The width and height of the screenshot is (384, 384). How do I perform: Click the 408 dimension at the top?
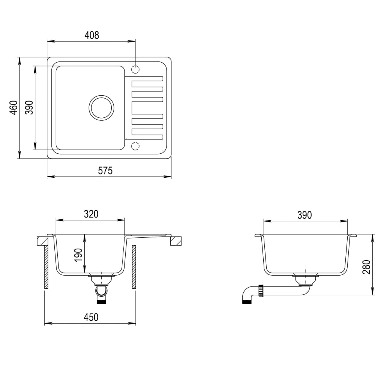pyautogui.click(x=91, y=35)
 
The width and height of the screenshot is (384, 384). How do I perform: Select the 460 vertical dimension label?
pyautogui.click(x=13, y=108)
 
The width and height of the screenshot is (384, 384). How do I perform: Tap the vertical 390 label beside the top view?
pyautogui.click(x=29, y=108)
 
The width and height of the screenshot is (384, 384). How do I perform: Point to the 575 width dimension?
pyautogui.click(x=105, y=171)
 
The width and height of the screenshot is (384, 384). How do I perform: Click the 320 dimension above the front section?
pyautogui.click(x=91, y=214)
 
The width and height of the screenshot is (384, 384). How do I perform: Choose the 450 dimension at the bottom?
pyautogui.click(x=91, y=317)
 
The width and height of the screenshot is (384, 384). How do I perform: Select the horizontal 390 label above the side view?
pyautogui.click(x=304, y=215)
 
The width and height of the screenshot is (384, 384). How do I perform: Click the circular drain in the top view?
pyautogui.click(x=101, y=108)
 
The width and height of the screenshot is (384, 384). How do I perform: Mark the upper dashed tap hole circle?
pyautogui.click(x=135, y=69)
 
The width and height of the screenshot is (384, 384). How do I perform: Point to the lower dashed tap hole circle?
pyautogui.click(x=135, y=145)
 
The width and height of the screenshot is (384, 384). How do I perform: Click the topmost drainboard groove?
pyautogui.click(x=147, y=79)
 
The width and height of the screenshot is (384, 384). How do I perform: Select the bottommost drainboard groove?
pyautogui.click(x=147, y=131)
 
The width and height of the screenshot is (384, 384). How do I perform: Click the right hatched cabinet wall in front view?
pyautogui.click(x=134, y=267)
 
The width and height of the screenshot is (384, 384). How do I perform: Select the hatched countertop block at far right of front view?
pyautogui.click(x=176, y=240)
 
